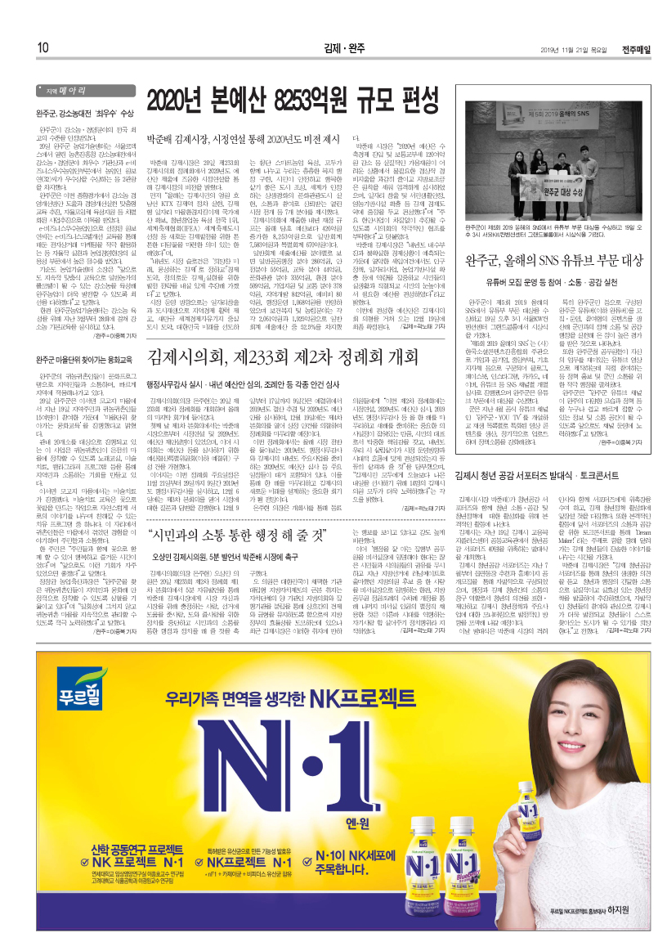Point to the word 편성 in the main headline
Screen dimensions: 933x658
click(x=414, y=101)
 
